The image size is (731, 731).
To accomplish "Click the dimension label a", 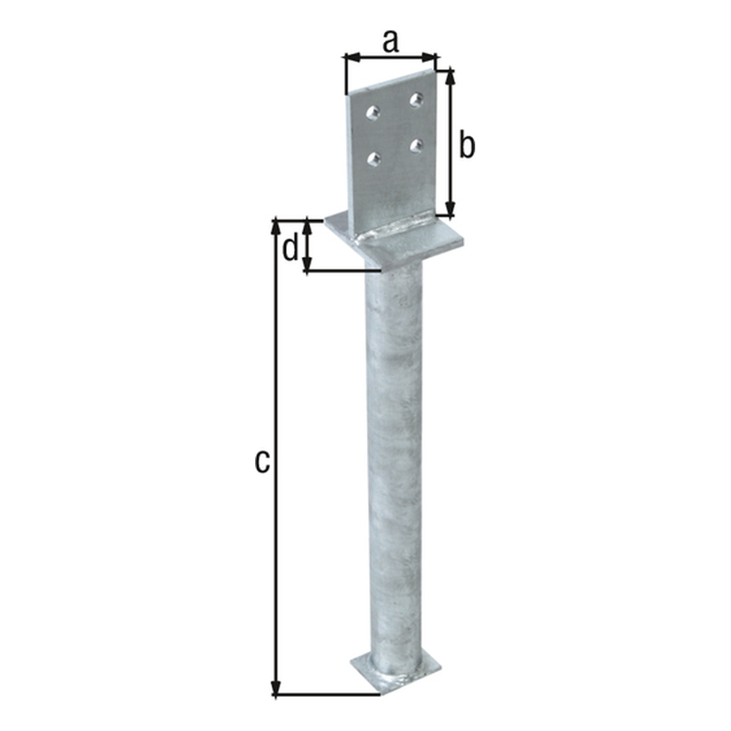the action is (390, 42).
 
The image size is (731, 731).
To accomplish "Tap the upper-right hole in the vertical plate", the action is (416, 100).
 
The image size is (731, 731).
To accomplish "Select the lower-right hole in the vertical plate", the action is (417, 145).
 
